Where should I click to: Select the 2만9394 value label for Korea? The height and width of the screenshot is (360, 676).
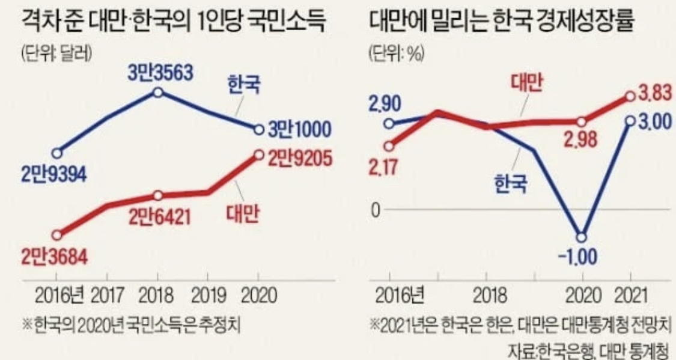coord(54,174)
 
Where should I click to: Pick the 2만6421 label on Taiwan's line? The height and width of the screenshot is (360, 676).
coord(159,215)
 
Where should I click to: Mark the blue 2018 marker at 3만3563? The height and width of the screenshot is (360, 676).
coord(157,92)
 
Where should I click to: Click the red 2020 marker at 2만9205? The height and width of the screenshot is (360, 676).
coord(258,154)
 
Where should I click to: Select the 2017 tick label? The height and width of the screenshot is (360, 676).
coord(107,296)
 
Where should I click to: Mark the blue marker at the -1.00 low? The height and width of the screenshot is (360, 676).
coord(580,236)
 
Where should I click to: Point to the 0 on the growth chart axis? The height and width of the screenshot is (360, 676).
coord(376,210)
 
